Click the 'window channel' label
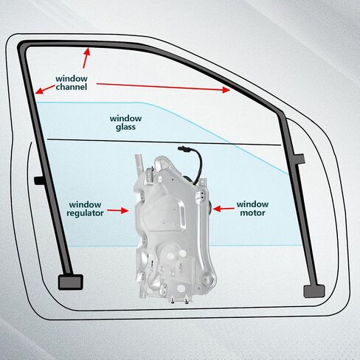pos(72,83)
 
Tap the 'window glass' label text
pos(125,122)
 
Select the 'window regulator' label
pos(85,209)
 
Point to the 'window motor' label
pos(252,208)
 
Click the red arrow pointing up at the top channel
pos(86,58)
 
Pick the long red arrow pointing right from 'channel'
pos(163,87)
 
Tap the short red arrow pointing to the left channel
pos(45,89)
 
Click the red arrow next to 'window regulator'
pos(118,210)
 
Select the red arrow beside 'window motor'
pos(224,209)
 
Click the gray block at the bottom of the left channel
pos(70,282)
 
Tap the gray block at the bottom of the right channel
pos(314,291)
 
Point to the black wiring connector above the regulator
pos(182,148)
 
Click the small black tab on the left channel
pos(39,181)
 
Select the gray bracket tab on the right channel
pos(300,159)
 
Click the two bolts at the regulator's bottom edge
pos(179,300)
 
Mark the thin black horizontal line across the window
pos(164,142)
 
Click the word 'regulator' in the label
pos(85,213)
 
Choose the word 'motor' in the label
pos(252,212)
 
